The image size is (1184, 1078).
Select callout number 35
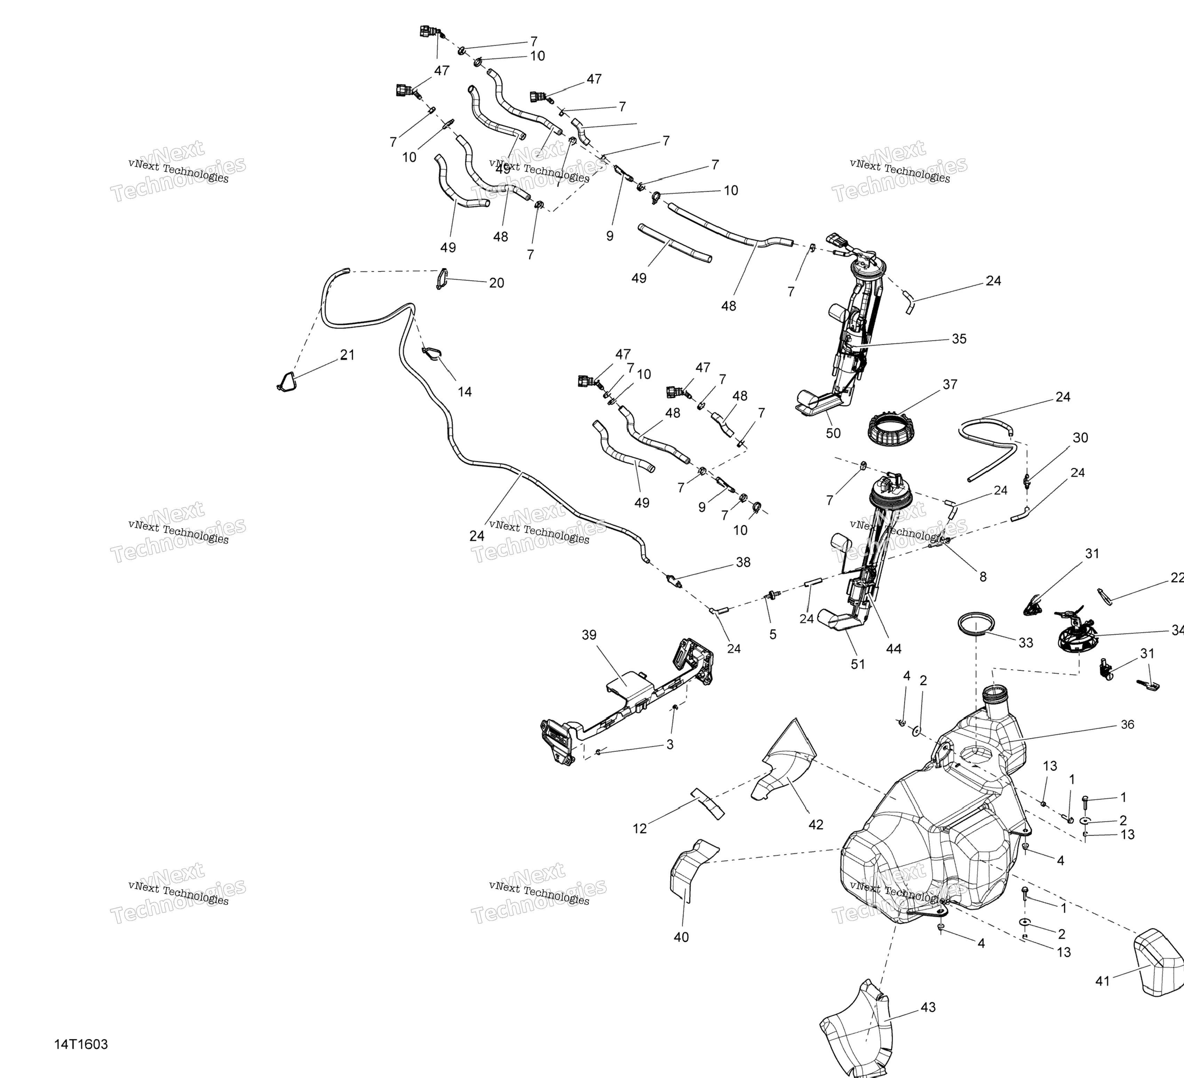(x=959, y=339)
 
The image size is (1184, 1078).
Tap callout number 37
(x=949, y=385)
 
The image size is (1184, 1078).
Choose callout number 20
(x=496, y=283)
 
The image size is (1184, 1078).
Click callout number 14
(x=464, y=392)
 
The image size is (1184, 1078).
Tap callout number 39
(x=589, y=635)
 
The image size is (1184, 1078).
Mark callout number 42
(x=816, y=825)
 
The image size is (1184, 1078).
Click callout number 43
(x=928, y=1007)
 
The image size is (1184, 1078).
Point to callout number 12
(x=639, y=829)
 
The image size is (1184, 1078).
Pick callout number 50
(x=833, y=434)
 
